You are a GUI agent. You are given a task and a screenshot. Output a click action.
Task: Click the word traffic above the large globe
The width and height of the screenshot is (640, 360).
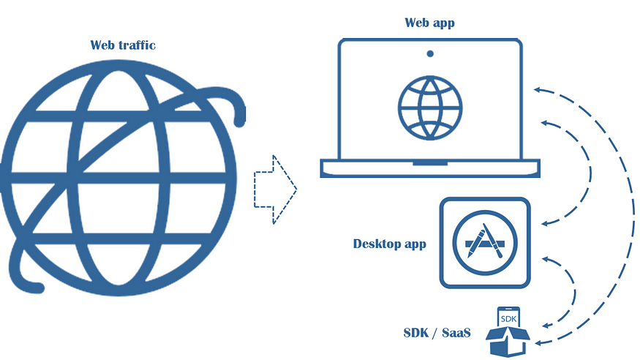(135, 45)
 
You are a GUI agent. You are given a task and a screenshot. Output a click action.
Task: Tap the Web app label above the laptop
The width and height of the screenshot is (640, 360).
(429, 23)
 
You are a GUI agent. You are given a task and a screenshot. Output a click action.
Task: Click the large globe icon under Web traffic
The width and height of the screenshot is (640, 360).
(121, 176)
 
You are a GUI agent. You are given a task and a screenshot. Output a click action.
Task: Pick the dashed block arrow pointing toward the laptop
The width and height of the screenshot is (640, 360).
(275, 190)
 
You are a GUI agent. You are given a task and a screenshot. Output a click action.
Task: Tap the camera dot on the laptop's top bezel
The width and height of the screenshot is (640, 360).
(430, 53)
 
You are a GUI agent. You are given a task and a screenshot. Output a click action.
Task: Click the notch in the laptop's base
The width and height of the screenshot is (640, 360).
(430, 162)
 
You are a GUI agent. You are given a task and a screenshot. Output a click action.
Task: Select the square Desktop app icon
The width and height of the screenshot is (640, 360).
(484, 242)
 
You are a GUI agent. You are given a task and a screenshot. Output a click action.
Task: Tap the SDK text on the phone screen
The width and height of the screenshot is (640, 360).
(508, 320)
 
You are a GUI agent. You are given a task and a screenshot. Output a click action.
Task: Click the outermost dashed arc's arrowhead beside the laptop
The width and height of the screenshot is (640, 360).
(538, 90)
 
